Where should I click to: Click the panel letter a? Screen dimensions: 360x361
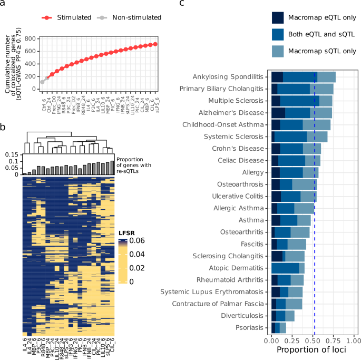[3, 4]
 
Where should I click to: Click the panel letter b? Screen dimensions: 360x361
[3, 128]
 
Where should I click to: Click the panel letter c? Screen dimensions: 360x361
[182, 4]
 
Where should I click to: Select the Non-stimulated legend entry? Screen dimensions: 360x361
[133, 17]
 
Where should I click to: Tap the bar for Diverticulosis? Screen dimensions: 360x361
[282, 316]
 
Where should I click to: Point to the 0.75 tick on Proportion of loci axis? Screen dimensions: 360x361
[332, 342]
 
